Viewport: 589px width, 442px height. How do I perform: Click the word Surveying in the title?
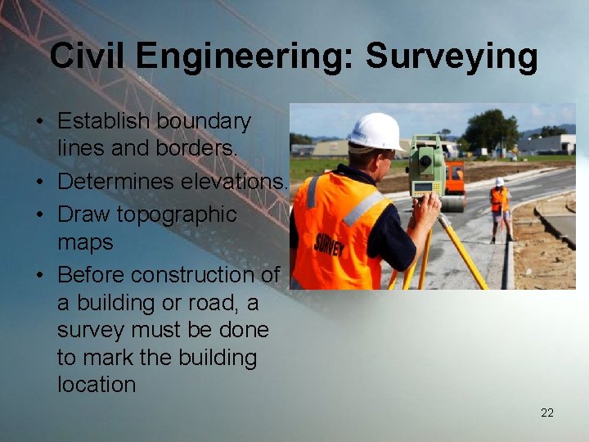452,57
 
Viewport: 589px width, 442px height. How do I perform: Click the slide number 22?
547,413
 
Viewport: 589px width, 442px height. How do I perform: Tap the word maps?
85,242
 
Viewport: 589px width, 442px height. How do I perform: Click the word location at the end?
97,385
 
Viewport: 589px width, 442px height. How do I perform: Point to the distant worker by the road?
498,208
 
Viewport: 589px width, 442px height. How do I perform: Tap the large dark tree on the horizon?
490,129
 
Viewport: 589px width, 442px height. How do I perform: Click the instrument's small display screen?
423,187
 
